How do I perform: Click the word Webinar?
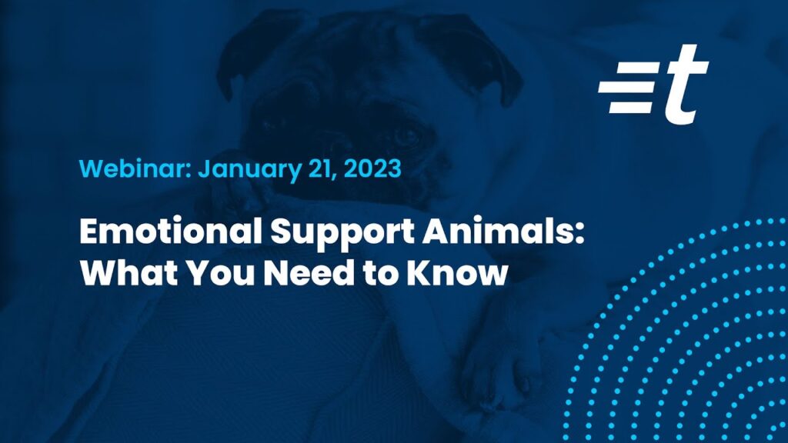133,168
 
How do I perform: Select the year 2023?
372,168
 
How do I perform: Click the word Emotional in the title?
172,231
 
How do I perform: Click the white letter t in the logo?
686,84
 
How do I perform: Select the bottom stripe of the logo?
631,107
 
